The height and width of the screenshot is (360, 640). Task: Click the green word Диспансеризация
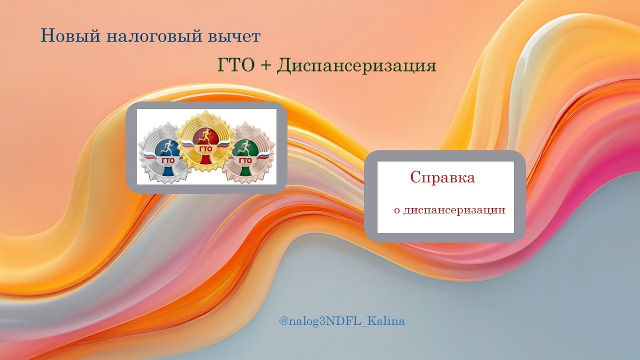[357, 66]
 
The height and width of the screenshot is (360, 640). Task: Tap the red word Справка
[443, 178]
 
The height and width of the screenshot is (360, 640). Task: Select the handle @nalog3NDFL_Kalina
[341, 322]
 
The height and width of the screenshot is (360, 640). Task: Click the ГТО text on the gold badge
[205, 149]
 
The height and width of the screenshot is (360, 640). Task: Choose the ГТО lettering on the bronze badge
[245, 160]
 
